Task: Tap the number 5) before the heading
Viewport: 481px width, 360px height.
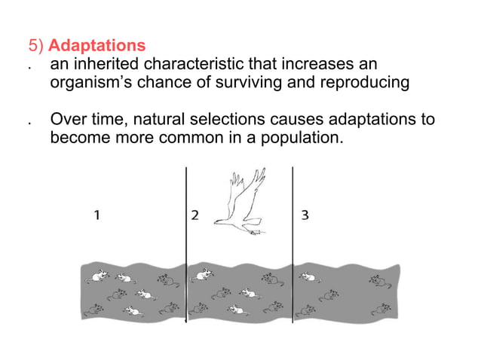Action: coord(36,47)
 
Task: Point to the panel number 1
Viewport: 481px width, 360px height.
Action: coord(97,215)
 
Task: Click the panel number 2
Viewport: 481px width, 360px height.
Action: coord(195,215)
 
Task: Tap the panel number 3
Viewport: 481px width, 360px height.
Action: coord(304,215)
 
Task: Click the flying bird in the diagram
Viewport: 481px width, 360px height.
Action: coord(241,200)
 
